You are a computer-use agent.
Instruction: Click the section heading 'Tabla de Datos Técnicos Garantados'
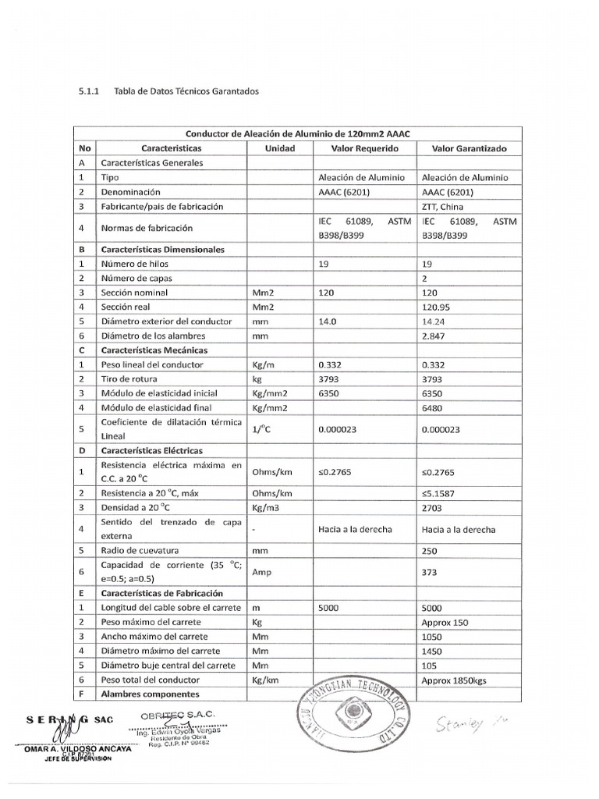click(186, 91)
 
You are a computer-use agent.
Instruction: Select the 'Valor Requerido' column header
click(364, 148)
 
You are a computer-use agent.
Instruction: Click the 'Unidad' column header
click(280, 148)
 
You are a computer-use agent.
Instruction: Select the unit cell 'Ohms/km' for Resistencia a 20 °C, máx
click(271, 493)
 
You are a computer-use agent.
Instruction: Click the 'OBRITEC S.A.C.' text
click(178, 716)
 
